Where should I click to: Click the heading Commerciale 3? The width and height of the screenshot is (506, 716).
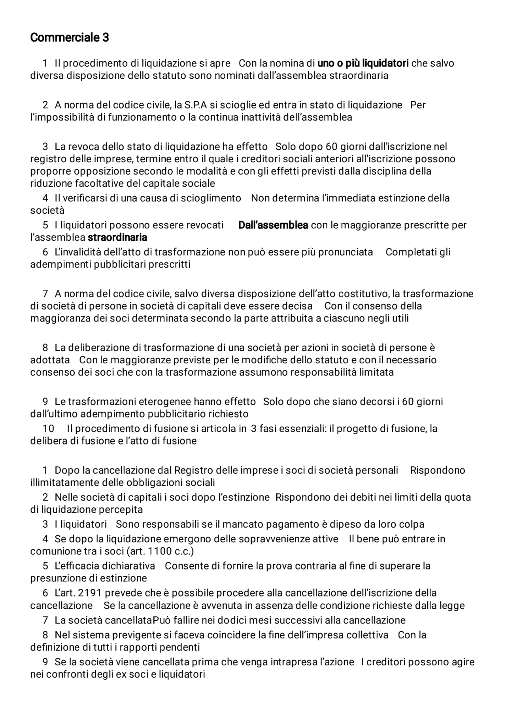tap(69, 38)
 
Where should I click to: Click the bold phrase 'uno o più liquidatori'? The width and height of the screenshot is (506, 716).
tap(363, 63)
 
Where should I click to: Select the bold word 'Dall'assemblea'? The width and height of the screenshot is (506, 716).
tap(273, 225)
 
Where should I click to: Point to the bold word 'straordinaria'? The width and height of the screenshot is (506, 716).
tap(117, 237)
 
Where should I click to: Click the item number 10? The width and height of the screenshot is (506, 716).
tap(48, 429)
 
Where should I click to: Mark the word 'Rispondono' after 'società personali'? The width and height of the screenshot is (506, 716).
tap(437, 471)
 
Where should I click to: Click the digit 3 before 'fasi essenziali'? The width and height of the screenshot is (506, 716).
tap(253, 429)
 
